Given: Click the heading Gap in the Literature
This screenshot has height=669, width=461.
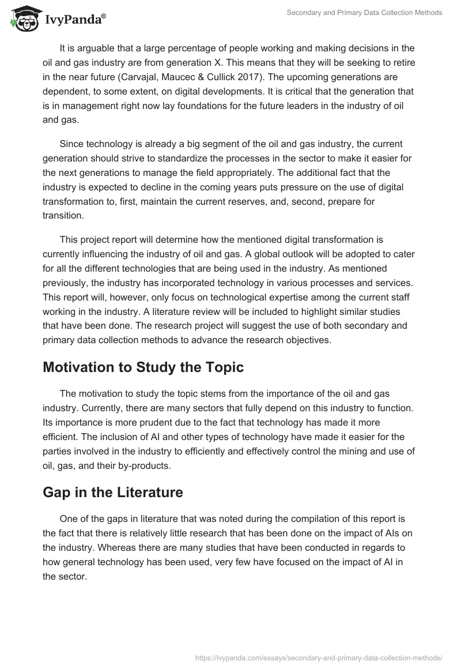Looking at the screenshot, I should coord(113,493).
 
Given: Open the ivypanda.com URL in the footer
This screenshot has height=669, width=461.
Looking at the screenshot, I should coord(319,657).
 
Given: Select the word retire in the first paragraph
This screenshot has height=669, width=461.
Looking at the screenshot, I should coord(402,62).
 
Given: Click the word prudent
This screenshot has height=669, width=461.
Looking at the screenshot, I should coord(144,422).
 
